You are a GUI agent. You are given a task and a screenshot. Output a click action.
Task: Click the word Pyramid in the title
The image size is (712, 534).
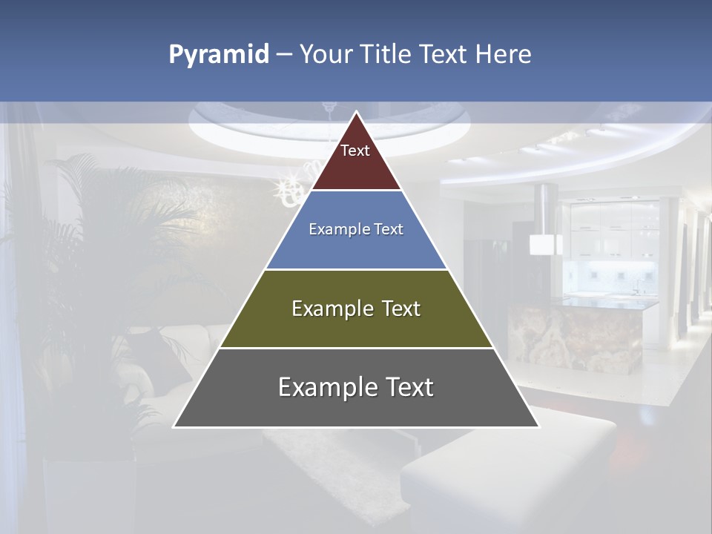pos(219,55)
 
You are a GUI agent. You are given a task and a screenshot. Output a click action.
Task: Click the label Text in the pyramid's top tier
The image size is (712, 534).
pos(355,151)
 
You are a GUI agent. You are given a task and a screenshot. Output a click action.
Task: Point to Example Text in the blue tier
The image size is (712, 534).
pos(356,229)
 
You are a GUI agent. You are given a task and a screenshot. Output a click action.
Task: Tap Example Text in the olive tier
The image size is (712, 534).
pos(356,309)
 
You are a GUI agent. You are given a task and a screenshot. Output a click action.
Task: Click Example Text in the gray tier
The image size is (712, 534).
pos(356,387)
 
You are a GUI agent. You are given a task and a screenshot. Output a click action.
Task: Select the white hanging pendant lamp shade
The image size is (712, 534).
pos(545,244)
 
